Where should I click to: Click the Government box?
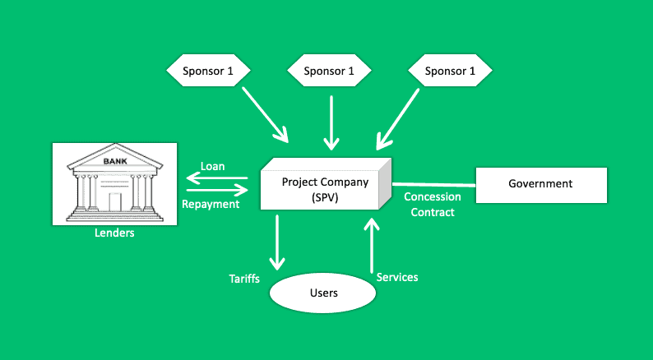541,185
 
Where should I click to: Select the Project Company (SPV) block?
326,184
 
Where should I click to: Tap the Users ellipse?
322,293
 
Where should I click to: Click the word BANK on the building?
115,161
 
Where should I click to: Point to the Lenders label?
114,233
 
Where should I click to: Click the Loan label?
213,167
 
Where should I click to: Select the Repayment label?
211,205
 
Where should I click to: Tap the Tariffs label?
244,279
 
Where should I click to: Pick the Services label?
397,278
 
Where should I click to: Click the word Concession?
433,197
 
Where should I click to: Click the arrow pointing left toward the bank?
217,178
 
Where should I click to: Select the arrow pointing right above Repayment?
217,190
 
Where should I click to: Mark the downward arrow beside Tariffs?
277,242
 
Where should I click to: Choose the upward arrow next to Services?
372,246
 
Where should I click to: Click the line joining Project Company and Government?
434,184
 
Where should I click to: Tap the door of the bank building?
115,202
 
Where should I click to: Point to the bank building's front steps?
115,216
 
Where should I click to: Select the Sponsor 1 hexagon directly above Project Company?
329,71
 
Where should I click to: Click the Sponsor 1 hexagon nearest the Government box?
450,71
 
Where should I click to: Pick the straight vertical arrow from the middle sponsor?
331,122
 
